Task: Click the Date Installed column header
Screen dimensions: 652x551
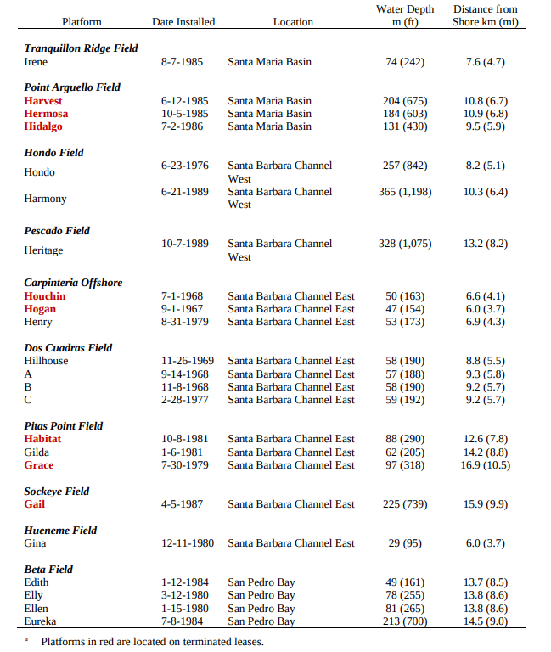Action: coord(183,22)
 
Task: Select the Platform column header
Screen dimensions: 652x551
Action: coord(82,22)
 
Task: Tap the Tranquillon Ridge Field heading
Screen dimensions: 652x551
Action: coord(81,48)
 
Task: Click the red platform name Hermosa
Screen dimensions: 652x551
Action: coord(46,114)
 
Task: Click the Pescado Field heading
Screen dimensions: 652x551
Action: coord(57,231)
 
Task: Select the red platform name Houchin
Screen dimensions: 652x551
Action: coord(45,296)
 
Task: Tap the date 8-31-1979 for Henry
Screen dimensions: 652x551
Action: coord(184,322)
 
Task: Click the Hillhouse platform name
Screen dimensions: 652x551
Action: coord(46,361)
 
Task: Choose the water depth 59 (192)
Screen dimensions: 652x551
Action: coord(405,400)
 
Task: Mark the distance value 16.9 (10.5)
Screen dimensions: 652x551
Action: coord(486,465)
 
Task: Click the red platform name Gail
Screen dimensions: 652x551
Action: coord(35,504)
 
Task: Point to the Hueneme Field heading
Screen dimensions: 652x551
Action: coord(60,531)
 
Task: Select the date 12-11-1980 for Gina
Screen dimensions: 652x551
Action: coord(188,543)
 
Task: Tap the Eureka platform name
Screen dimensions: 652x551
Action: coord(41,621)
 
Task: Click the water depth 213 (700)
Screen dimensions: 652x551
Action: coord(405,621)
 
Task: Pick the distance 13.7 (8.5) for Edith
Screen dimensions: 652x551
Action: coord(486,582)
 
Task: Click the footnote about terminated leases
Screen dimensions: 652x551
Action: coord(152,642)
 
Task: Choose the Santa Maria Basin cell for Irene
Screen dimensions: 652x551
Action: coord(269,62)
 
